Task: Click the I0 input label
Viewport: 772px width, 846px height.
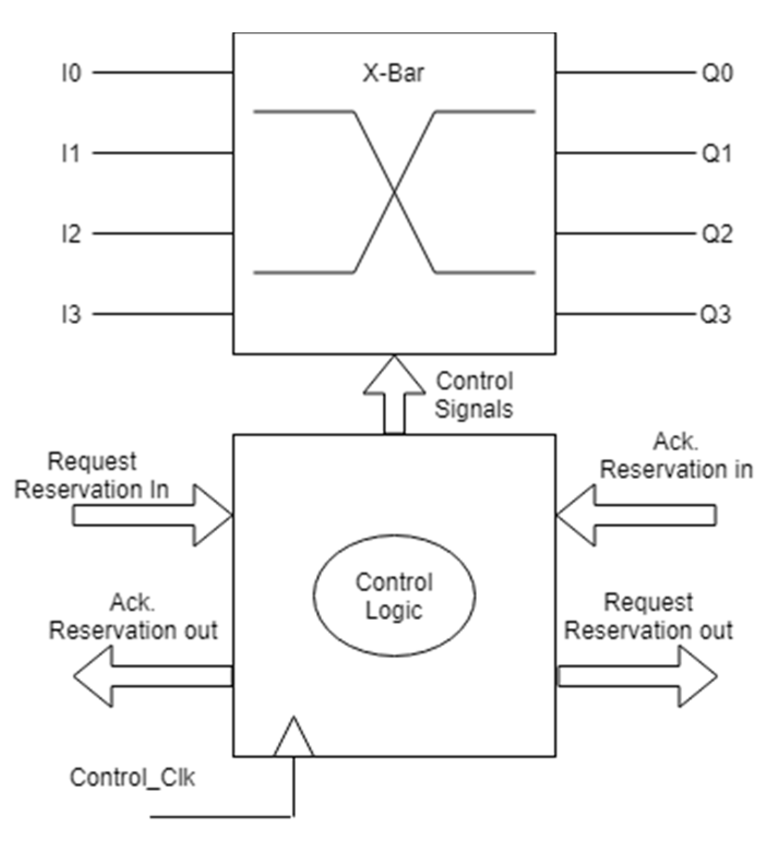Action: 71,73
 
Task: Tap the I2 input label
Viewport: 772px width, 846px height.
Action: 71,234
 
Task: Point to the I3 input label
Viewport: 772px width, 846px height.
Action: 71,315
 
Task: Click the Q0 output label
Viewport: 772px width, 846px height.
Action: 717,73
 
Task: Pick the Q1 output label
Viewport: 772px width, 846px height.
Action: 716,153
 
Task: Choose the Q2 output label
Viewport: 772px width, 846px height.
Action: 717,234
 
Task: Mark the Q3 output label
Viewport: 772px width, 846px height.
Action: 716,315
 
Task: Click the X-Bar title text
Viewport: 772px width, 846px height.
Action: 393,73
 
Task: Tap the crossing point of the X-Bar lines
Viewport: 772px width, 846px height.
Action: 394,191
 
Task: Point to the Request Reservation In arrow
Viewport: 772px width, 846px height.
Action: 153,515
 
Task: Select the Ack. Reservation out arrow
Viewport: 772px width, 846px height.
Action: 153,676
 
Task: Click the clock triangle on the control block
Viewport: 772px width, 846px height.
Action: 294,739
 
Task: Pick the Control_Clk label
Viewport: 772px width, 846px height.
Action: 132,777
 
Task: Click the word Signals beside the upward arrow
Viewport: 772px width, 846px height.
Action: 474,409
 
